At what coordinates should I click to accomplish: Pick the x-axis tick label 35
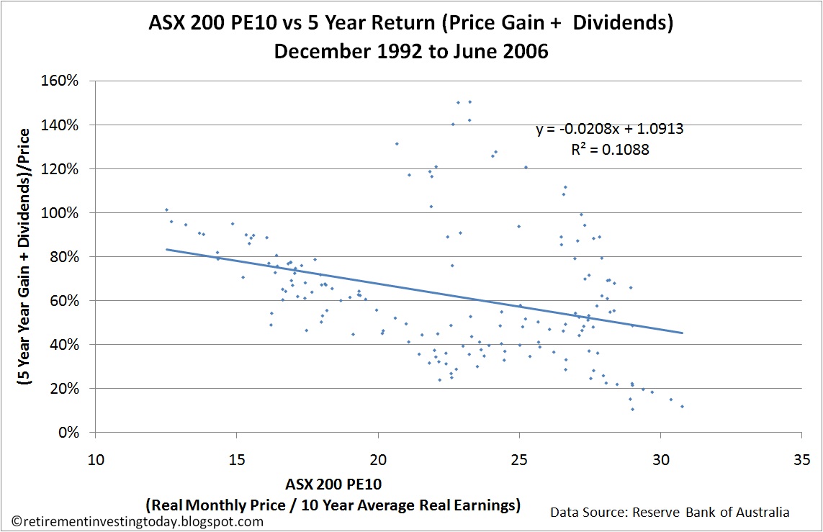(x=801, y=459)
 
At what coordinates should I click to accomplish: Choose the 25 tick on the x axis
(x=519, y=459)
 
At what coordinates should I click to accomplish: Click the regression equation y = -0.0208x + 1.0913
(x=609, y=130)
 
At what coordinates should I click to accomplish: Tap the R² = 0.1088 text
(x=609, y=150)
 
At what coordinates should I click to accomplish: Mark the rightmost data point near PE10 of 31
(x=682, y=407)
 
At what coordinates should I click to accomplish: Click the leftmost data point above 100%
(x=166, y=209)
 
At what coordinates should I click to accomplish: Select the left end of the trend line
(x=167, y=249)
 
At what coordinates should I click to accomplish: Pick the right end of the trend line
(x=681, y=333)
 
